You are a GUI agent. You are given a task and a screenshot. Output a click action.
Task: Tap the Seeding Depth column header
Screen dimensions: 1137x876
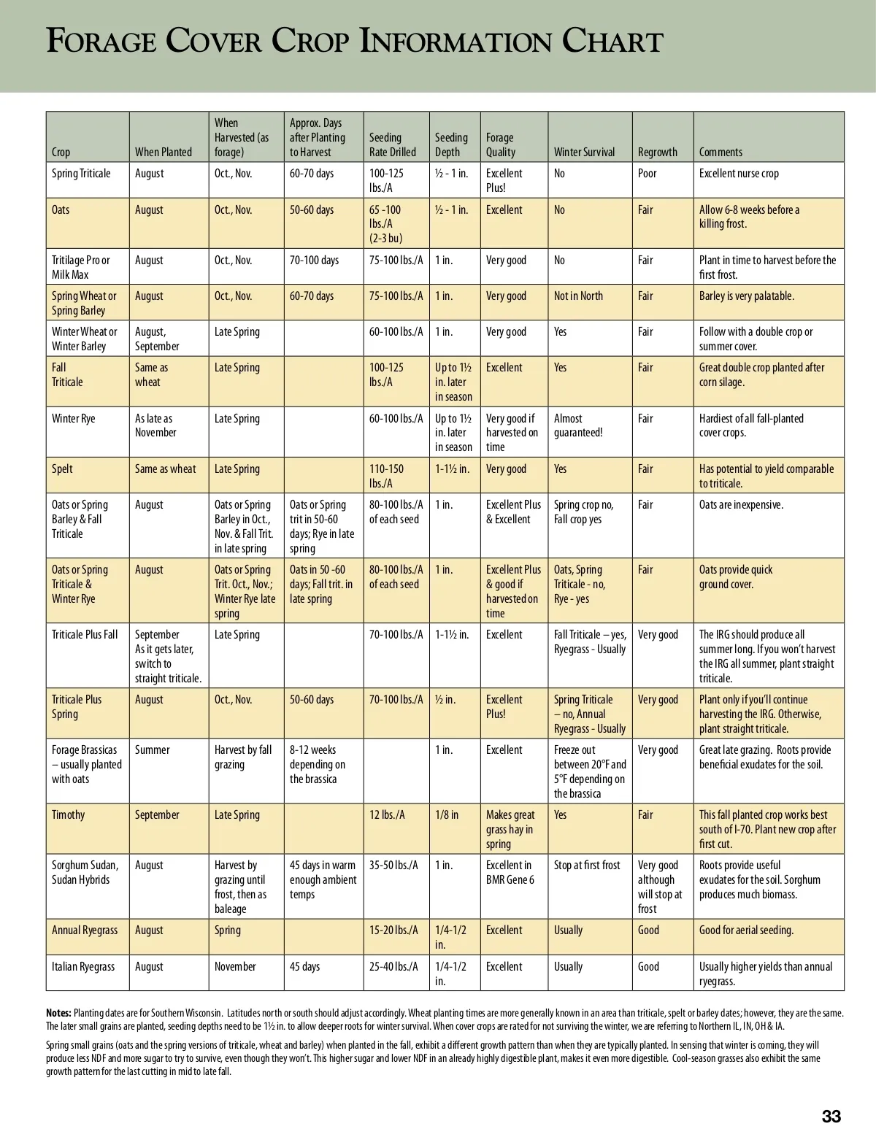pos(451,144)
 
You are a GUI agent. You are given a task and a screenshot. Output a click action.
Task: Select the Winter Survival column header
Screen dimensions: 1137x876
pos(584,152)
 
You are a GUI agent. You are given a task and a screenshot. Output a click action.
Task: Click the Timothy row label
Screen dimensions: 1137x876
pos(68,814)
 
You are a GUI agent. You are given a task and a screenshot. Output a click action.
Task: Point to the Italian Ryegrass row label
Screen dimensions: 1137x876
pos(83,966)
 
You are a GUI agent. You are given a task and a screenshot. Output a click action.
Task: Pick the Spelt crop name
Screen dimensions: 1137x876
pos(62,469)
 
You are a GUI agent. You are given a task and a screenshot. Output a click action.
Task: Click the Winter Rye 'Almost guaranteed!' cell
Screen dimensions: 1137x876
pos(578,425)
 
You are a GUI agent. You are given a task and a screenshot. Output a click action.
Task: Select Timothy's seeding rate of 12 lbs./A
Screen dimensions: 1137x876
pos(387,814)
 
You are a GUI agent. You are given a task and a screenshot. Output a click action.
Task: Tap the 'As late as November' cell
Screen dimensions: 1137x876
pos(155,425)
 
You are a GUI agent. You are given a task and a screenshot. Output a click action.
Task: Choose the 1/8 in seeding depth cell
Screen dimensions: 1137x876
pos(447,814)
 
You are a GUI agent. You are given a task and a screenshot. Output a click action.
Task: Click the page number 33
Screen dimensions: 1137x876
pos(831,1116)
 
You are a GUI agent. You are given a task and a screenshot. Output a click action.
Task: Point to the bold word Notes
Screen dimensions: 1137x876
pos(58,1013)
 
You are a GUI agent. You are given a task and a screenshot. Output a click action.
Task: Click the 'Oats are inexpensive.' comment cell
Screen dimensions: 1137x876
pos(741,504)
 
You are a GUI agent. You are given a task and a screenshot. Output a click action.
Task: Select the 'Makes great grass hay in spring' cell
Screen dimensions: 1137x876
pos(510,829)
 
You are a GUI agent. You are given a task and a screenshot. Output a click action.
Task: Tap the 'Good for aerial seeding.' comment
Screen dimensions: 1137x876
pos(746,930)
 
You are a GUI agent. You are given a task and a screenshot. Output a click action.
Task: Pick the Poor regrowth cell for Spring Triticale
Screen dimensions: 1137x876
pos(647,173)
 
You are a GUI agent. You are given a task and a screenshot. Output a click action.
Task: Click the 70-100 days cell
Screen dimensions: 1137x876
pos(314,260)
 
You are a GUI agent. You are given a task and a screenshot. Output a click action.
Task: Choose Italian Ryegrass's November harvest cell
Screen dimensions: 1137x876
pos(235,966)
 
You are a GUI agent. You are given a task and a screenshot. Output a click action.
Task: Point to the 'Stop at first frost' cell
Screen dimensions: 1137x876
pos(587,865)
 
